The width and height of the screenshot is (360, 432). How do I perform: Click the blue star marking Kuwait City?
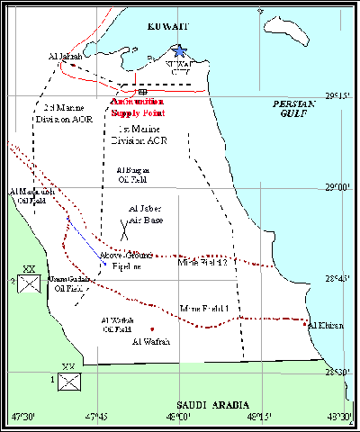[x=180, y=51]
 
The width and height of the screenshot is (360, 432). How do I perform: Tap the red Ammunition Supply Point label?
[x=139, y=108]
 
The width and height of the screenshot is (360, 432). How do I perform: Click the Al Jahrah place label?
[x=64, y=56]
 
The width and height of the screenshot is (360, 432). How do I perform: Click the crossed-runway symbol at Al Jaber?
[x=130, y=225]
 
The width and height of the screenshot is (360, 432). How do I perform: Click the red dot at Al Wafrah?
[x=153, y=328]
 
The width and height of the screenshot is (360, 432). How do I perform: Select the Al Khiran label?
[x=324, y=325]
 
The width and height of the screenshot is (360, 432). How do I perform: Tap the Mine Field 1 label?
[x=204, y=308]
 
